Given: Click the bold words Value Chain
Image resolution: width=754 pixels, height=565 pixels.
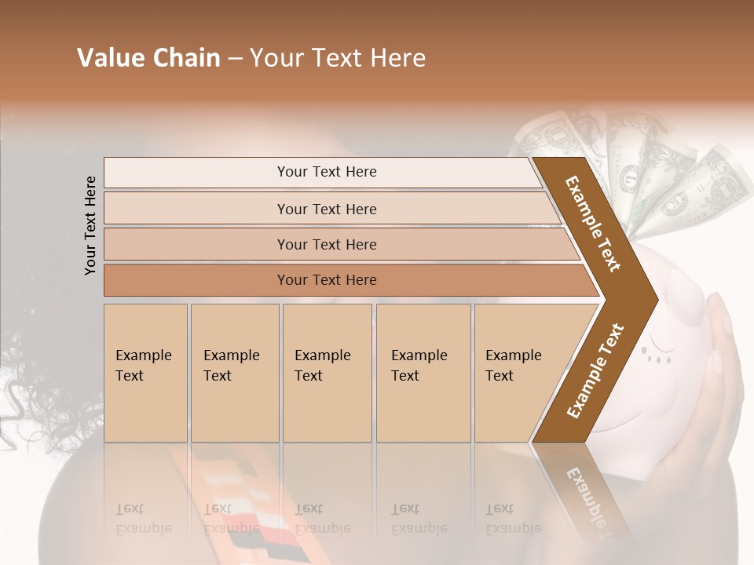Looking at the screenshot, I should click(x=148, y=58).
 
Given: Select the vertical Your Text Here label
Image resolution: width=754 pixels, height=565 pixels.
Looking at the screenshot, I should click(x=90, y=225).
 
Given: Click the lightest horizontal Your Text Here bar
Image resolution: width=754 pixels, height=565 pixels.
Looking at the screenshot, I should click(x=326, y=172).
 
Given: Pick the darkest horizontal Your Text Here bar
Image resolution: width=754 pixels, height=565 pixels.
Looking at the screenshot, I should click(x=326, y=280).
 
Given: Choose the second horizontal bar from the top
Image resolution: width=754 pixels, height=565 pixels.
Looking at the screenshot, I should click(x=326, y=209).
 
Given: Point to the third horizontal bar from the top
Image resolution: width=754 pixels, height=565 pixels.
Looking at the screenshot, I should click(x=326, y=244).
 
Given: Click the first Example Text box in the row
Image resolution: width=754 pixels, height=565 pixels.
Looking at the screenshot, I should click(x=145, y=373).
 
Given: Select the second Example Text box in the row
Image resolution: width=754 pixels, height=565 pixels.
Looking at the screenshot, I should click(x=234, y=373).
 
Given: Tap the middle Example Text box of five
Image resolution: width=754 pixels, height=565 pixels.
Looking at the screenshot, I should click(x=327, y=373).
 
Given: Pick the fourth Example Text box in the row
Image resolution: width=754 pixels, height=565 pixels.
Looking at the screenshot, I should click(x=423, y=373).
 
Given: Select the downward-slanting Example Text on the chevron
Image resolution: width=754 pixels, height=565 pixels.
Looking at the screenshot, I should click(x=594, y=224).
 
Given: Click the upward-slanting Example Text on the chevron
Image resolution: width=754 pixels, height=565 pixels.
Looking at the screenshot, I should click(x=595, y=370).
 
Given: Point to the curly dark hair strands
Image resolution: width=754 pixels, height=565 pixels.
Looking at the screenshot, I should click(x=24, y=392).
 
